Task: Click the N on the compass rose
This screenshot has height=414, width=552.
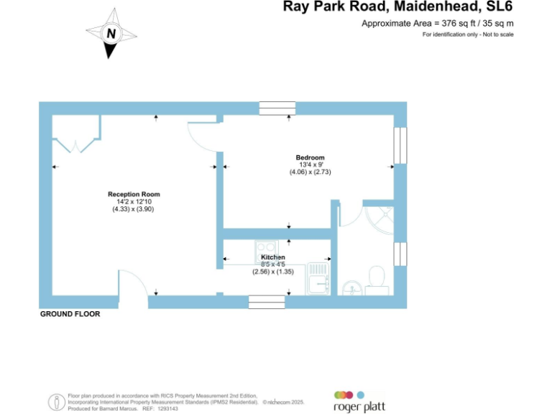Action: click(x=111, y=34)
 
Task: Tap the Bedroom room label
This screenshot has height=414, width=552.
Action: click(x=310, y=157)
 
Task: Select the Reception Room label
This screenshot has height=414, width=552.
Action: click(x=134, y=194)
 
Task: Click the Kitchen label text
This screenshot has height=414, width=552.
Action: click(x=273, y=257)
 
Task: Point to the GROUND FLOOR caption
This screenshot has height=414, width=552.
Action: click(x=70, y=314)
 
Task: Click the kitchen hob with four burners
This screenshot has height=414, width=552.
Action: click(x=267, y=252)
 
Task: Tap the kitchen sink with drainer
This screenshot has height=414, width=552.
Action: click(x=318, y=278)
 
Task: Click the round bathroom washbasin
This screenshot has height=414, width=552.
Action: click(x=352, y=288)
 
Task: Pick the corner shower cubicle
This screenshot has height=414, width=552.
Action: click(x=379, y=221)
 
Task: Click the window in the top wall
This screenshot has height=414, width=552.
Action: click(x=277, y=109)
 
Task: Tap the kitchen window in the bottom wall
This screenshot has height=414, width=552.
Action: click(x=267, y=302)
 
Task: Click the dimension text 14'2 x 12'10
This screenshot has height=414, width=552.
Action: click(x=134, y=202)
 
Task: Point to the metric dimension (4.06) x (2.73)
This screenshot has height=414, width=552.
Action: click(x=310, y=172)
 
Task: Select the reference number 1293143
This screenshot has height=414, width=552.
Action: click(x=167, y=409)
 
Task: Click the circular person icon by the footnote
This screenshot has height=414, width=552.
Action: click(x=57, y=402)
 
